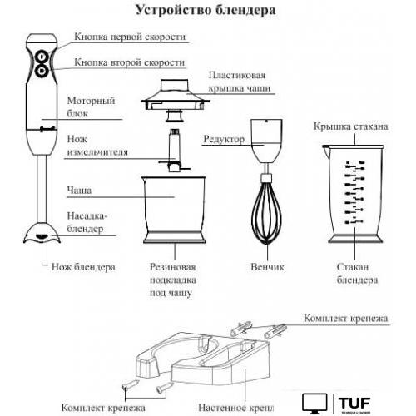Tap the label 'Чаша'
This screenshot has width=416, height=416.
point(78,191)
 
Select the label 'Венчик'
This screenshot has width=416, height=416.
point(267,268)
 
